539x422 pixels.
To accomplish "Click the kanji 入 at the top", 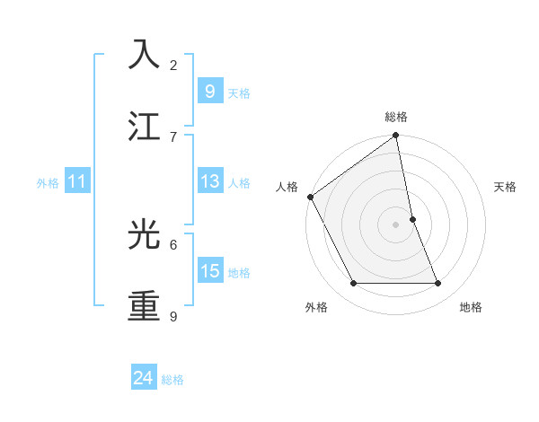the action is [145, 55].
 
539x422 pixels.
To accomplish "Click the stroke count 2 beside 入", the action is [173, 65].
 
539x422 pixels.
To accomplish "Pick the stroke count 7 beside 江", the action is [173, 136].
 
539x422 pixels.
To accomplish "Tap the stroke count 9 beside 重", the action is [173, 316].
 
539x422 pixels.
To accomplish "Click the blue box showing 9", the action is [209, 91].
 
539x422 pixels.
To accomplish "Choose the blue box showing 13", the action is [209, 181].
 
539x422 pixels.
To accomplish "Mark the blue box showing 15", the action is [209, 271].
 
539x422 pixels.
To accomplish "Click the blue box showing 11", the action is [77, 181].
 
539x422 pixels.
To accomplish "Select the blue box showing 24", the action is [143, 378].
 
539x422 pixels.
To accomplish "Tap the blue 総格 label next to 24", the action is [172, 380].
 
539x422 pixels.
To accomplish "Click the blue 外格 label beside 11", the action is [48, 183].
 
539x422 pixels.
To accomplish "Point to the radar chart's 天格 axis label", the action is [506, 187].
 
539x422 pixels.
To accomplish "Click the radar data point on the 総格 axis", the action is [396, 136].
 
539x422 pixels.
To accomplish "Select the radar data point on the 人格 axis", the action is [311, 197].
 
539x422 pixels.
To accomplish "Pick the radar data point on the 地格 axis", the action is [438, 284].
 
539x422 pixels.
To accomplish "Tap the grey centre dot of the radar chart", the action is [396, 224].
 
